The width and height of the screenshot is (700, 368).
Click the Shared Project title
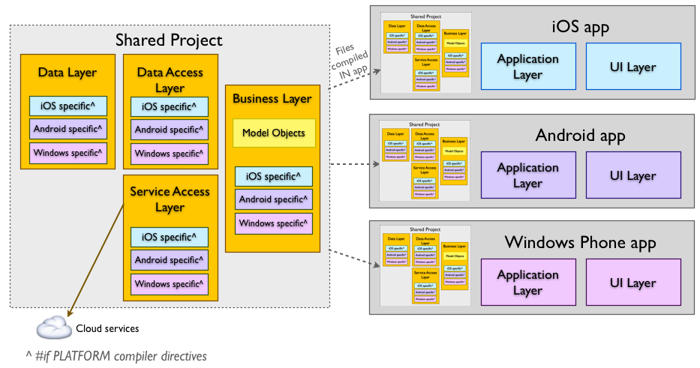tap(169, 40)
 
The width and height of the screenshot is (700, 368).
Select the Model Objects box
tap(273, 133)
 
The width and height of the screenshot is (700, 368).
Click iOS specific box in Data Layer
tap(68, 106)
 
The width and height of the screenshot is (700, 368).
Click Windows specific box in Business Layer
tap(273, 223)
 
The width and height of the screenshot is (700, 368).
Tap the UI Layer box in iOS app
tap(632, 67)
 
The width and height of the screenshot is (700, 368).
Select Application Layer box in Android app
tap(527, 175)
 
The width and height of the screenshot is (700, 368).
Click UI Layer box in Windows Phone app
tap(632, 283)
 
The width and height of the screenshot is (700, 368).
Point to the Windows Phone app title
tap(580, 242)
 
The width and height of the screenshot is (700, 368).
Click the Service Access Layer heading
tap(170, 199)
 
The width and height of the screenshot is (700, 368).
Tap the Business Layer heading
tap(272, 98)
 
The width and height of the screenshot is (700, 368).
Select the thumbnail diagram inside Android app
tap(425, 160)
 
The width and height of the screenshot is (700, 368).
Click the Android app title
tap(580, 136)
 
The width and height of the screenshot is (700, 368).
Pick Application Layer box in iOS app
tap(527, 67)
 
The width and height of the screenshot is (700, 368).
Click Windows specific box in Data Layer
tap(68, 153)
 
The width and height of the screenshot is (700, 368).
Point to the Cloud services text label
tap(107, 328)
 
